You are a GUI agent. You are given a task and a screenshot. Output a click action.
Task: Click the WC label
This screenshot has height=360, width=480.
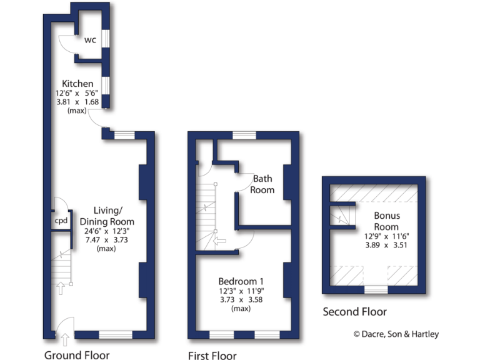coord(91,40)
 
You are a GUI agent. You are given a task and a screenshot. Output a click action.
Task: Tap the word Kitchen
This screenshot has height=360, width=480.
coord(77,83)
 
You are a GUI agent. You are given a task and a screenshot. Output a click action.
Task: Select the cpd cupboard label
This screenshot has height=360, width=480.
coord(61,221)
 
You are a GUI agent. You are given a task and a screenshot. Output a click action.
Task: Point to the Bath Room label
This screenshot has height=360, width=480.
coord(262,184)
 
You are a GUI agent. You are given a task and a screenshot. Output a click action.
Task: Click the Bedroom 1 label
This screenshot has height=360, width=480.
coord(241,281)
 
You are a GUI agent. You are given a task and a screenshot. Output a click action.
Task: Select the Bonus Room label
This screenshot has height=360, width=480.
coord(386,221)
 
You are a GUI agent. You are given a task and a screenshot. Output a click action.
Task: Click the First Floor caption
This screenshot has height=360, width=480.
coord(212,356)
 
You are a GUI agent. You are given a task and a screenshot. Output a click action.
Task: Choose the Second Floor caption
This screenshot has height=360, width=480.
coord(354,311)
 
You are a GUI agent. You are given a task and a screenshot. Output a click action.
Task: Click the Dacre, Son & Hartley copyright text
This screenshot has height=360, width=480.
coord(396,334)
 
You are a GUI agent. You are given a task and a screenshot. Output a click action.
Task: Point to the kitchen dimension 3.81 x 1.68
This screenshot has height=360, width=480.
coord(77,102)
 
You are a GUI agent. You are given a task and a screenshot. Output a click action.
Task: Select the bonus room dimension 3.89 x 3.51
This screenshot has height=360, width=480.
coord(386,246)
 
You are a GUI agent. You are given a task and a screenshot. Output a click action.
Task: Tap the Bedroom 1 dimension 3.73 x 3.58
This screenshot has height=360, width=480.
coord(241,300)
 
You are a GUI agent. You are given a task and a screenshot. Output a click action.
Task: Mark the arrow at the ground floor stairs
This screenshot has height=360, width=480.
coord(61,288)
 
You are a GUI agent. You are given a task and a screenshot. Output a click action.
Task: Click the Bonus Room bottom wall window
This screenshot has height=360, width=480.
coord(376,289)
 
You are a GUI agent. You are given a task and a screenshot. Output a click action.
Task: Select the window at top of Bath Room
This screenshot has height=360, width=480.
coord(244,135)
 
